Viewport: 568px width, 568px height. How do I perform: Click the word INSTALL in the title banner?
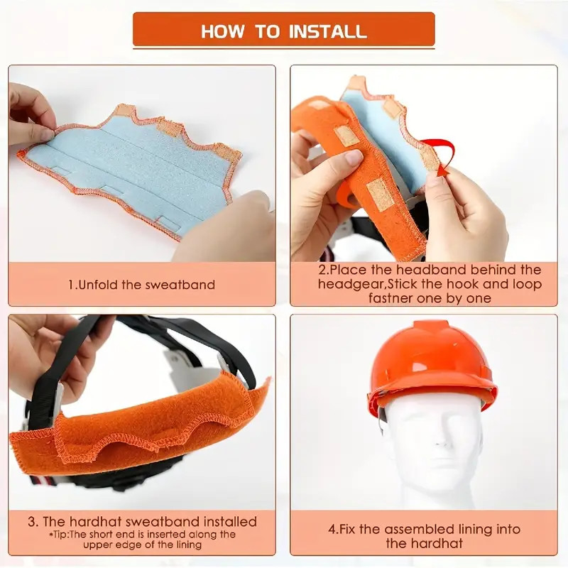coord(328,31)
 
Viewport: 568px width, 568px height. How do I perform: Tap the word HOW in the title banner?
coord(222,31)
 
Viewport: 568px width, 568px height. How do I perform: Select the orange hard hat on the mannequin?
coord(432,366)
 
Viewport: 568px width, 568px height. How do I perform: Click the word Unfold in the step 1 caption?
coord(98,285)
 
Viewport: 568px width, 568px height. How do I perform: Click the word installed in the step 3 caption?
coord(230,522)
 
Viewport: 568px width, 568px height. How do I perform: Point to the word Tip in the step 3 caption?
coord(59,535)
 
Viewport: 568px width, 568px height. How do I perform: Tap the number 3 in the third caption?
coord(33,522)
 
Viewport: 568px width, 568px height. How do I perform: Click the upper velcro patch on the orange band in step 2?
coord(347,136)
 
